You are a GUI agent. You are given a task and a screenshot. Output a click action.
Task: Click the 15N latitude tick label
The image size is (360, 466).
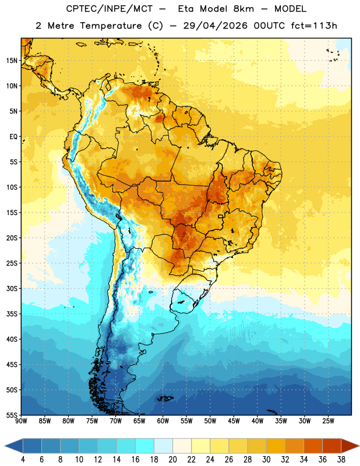[12, 61]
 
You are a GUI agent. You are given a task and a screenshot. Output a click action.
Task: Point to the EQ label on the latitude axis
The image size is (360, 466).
[13, 137]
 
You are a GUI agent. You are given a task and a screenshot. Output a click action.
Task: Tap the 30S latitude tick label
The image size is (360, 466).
[12, 288]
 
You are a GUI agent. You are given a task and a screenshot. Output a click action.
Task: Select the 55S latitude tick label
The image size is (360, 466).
[12, 415]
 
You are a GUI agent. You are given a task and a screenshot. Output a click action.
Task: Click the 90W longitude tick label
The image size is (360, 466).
[21, 421]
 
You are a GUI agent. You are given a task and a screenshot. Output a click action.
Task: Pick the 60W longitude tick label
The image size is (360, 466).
[163, 421]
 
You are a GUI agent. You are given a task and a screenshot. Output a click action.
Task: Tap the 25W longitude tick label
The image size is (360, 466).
[328, 421]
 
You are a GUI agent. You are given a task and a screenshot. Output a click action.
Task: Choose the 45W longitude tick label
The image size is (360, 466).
[234, 421]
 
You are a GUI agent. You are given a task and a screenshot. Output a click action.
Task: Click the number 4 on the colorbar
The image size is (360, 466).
[23, 460]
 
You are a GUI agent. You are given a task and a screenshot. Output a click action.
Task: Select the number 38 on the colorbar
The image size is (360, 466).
[341, 460]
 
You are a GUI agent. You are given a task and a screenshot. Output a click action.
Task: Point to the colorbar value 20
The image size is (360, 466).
[172, 460]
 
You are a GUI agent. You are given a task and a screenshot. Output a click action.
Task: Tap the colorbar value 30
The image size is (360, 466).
[266, 460]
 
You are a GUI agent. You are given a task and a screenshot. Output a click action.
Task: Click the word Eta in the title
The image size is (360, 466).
[186, 9]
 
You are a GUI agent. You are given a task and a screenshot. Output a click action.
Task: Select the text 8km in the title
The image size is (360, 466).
[243, 9]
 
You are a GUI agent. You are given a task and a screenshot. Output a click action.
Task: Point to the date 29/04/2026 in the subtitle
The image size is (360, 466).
[215, 26]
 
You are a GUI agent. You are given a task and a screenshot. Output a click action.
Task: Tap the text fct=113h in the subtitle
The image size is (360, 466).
[314, 26]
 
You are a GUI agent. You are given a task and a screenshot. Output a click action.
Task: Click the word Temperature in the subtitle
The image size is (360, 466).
[111, 26]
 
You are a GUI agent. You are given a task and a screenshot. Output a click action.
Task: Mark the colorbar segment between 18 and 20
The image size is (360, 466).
[164, 446]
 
